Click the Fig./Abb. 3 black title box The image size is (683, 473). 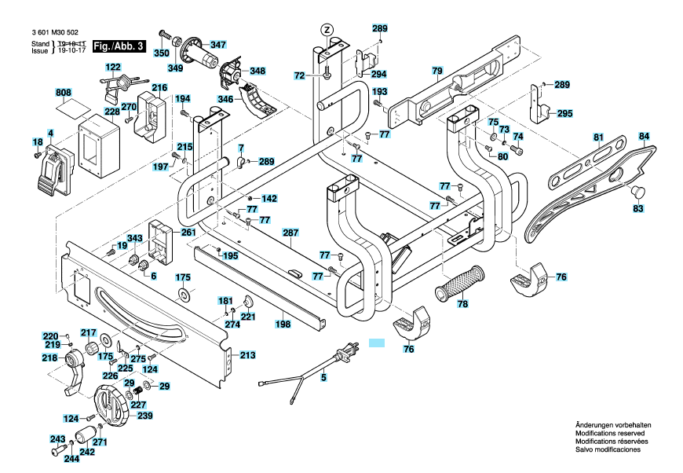click(119, 46)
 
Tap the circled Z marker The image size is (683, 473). click(327, 30)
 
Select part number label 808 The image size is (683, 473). click(64, 93)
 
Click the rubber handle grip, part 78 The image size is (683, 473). click(460, 283)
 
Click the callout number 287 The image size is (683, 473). click(290, 233)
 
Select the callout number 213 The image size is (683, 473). click(247, 355)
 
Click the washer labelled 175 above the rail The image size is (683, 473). click(184, 295)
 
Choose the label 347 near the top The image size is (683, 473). click(217, 45)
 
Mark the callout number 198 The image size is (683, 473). click(283, 324)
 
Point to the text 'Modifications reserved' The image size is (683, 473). click(610, 434)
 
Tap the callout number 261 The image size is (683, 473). click(188, 233)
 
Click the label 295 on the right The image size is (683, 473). click(564, 113)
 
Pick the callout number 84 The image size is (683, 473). click(644, 137)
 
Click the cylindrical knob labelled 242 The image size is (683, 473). click(85, 435)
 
